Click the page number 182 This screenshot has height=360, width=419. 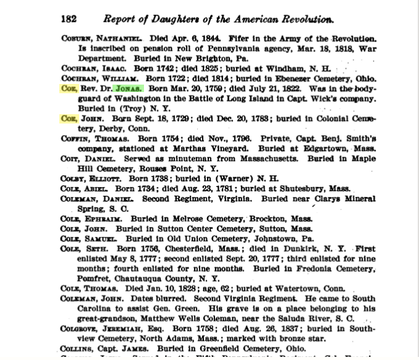tap(68, 19)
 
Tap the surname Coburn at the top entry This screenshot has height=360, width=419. tap(77, 38)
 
